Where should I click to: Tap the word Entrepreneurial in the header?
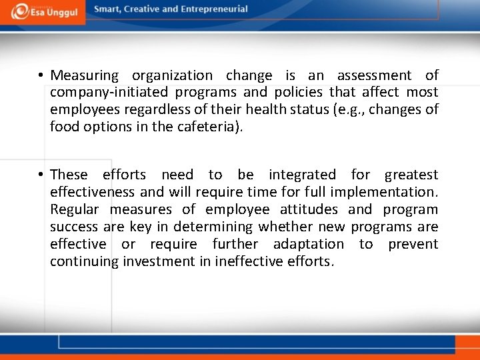click(x=214, y=9)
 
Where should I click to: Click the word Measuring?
click(x=84, y=76)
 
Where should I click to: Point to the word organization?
click(x=172, y=76)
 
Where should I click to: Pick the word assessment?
click(x=374, y=76)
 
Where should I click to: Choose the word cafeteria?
click(x=207, y=126)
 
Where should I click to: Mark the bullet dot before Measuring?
click(x=41, y=76)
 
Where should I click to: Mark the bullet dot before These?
click(x=41, y=175)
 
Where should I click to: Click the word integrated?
click(x=302, y=175)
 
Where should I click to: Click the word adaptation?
click(x=308, y=244)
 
